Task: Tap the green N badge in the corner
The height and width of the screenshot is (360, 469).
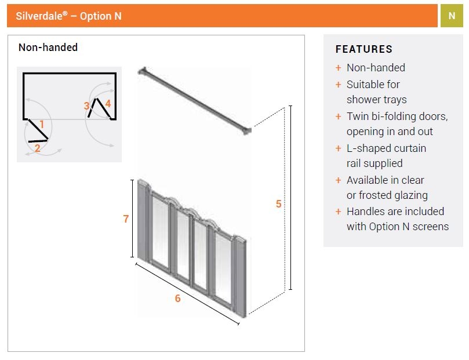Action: click(x=452, y=16)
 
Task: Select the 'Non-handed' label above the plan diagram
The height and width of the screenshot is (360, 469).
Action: click(x=48, y=48)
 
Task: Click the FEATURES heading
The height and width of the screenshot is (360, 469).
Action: click(x=363, y=49)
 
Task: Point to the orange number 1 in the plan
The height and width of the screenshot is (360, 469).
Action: click(x=42, y=124)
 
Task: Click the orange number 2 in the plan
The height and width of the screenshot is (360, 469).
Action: click(x=38, y=148)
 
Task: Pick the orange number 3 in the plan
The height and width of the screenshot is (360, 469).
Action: click(x=86, y=106)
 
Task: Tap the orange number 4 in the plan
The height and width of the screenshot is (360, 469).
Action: click(x=107, y=103)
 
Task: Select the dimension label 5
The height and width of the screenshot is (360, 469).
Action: click(x=278, y=204)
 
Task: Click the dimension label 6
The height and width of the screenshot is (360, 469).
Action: click(x=177, y=299)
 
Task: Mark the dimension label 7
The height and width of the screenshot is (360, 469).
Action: click(x=126, y=219)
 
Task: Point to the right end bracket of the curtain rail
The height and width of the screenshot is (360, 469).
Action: click(x=247, y=130)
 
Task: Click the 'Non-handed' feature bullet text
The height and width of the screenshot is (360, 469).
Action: click(x=376, y=68)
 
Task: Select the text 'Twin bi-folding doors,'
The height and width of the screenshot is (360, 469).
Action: click(x=397, y=117)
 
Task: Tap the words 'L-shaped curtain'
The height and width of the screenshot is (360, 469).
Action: click(x=386, y=148)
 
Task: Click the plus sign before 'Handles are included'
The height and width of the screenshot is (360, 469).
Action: click(x=338, y=212)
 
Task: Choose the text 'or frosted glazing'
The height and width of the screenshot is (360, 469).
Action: click(x=387, y=195)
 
